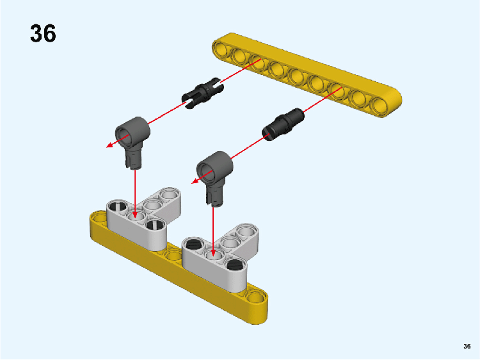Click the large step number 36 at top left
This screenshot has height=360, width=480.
(x=43, y=33)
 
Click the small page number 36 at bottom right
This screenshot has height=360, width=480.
(x=467, y=346)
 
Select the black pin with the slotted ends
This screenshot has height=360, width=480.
(x=202, y=93)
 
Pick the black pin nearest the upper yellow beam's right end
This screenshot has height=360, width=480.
(x=283, y=124)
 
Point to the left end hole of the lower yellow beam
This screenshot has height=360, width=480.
(x=99, y=218)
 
